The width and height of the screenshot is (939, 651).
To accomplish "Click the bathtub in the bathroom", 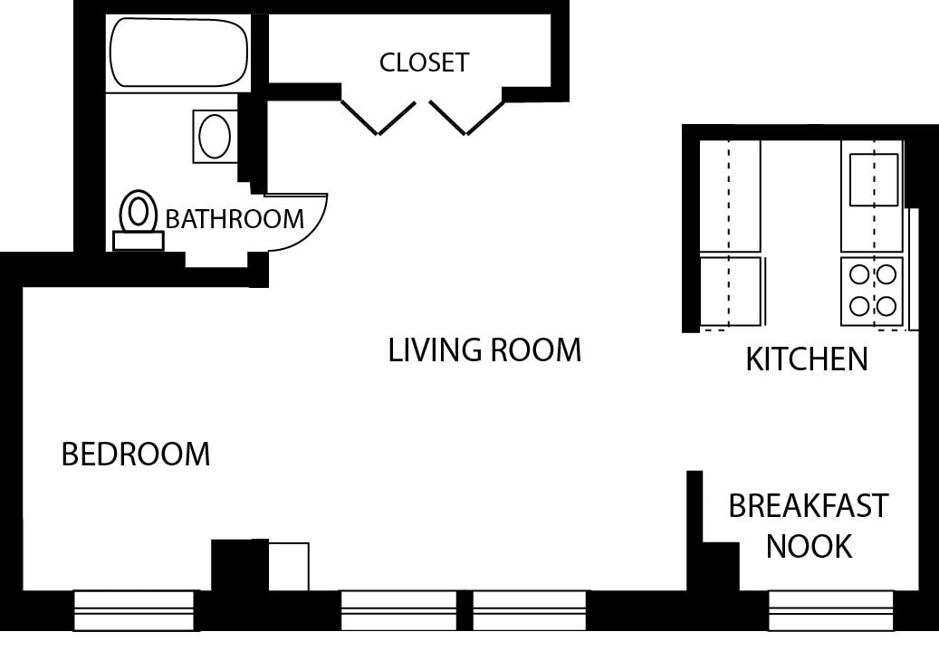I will pyautogui.click(x=178, y=53).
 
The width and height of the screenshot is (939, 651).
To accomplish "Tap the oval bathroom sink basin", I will pyautogui.click(x=215, y=136).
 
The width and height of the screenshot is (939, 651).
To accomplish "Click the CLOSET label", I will pyautogui.click(x=424, y=62).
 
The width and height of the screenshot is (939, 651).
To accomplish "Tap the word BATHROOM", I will pyautogui.click(x=235, y=219).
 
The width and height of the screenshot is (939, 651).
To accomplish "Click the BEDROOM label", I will pyautogui.click(x=136, y=454).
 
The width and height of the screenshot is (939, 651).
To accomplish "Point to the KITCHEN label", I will pyautogui.click(x=806, y=359).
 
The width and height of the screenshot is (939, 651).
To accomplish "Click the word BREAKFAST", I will pyautogui.click(x=809, y=505).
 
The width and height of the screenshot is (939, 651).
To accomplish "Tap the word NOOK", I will pyautogui.click(x=809, y=546).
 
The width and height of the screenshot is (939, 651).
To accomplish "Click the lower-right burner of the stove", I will pyautogui.click(x=887, y=304).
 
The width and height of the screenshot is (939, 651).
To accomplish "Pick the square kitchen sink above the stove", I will pyautogui.click(x=873, y=179).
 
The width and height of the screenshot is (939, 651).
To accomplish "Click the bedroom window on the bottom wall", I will pyautogui.click(x=135, y=609).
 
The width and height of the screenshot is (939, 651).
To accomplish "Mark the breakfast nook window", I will pyautogui.click(x=830, y=609).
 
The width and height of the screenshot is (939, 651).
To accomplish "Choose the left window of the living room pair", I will pyautogui.click(x=398, y=609).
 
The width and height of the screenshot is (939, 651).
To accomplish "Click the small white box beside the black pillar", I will pyautogui.click(x=289, y=565).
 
